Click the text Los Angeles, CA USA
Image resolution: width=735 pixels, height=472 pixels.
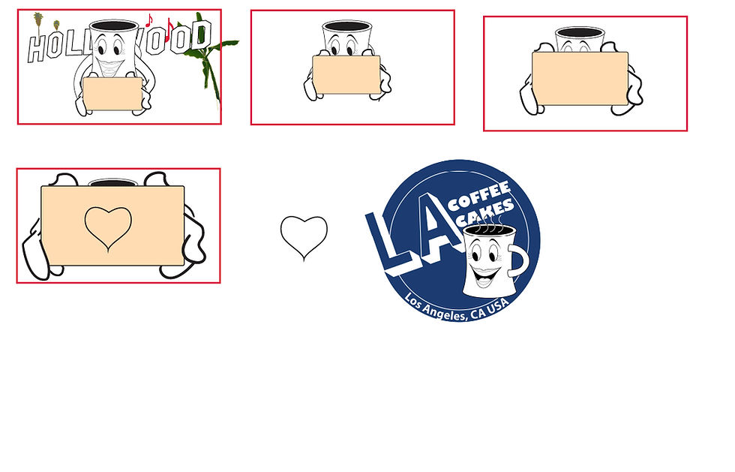[x=457, y=308]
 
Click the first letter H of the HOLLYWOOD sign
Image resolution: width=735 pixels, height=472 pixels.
[x=37, y=48]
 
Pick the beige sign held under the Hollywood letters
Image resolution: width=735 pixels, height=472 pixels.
[x=112, y=94]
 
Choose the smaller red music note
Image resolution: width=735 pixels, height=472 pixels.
[x=149, y=20]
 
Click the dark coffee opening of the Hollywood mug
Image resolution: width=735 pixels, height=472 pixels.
[x=114, y=26]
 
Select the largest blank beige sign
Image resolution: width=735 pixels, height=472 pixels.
[x=112, y=226]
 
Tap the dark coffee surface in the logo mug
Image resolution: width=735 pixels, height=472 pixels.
[x=488, y=230]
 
